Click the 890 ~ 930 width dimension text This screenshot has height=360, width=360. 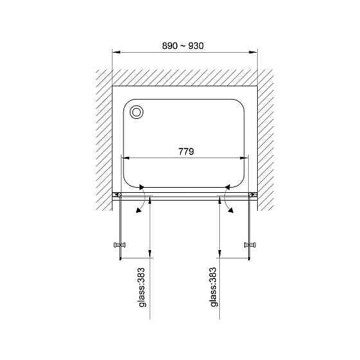(x=183, y=46)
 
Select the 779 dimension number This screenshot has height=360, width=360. (x=186, y=152)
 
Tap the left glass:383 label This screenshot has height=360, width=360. (x=142, y=287)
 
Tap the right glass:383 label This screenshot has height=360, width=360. (x=213, y=287)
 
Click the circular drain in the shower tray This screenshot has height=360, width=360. (x=136, y=113)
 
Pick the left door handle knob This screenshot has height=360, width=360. (x=120, y=245)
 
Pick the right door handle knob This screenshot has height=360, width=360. (x=250, y=245)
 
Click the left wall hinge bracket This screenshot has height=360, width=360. (x=116, y=195)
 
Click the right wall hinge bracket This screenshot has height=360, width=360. (x=253, y=195)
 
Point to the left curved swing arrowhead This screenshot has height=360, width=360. (x=138, y=210)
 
